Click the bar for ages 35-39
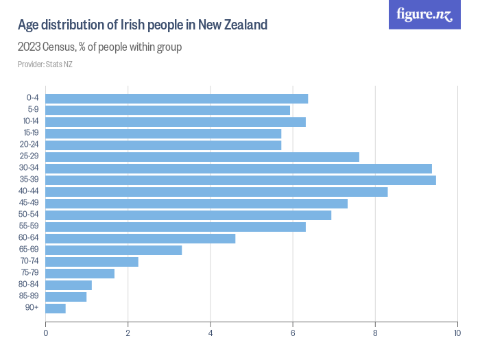240,180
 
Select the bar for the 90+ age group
56,309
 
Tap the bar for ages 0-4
176,99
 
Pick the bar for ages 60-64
140,239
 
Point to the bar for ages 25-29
202,157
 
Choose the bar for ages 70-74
92,262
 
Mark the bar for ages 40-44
217,192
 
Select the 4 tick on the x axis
211,333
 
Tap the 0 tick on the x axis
46,333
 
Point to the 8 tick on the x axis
375,333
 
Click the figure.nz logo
424,14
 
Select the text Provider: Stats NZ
45,64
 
